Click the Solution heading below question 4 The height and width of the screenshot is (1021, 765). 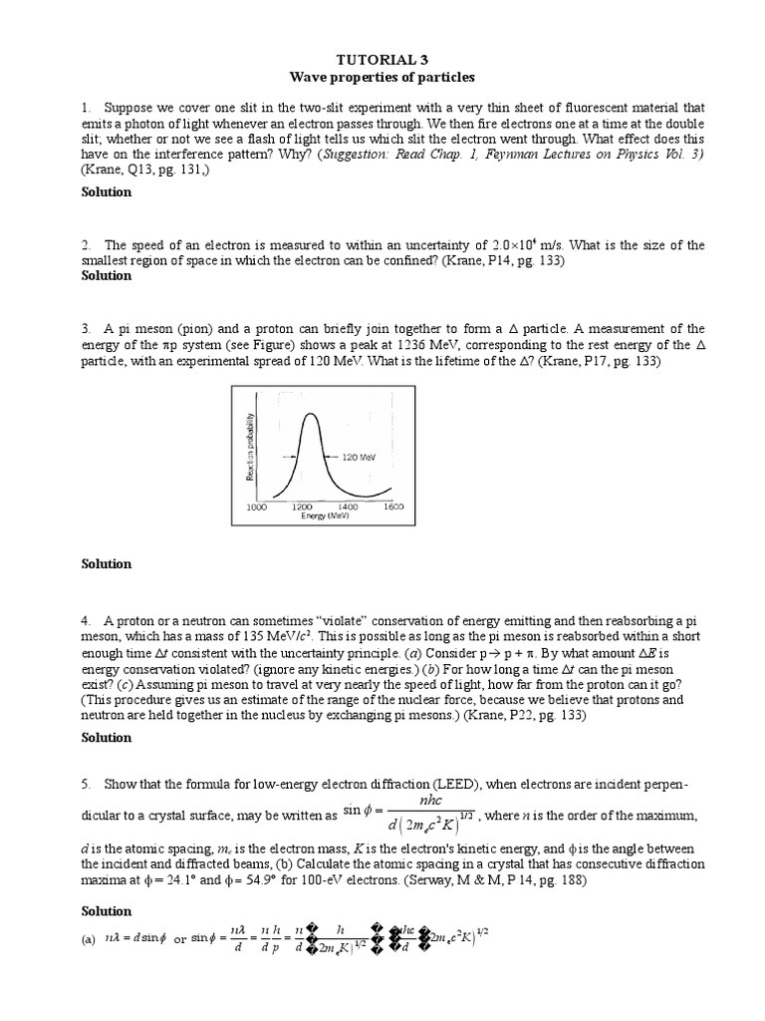point(106,738)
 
